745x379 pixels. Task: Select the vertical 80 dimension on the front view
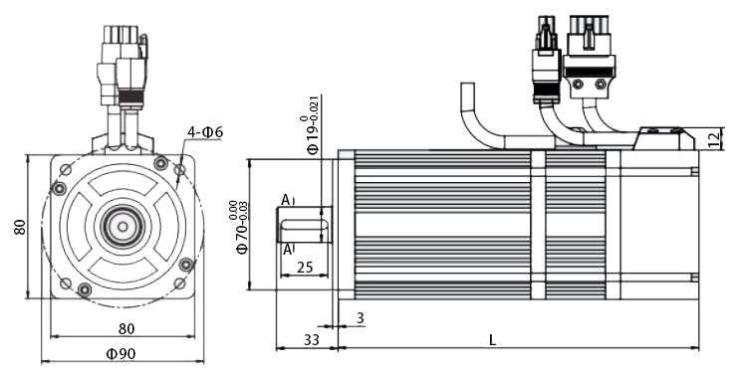(x=19, y=227)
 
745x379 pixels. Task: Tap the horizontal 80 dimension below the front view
(x=126, y=327)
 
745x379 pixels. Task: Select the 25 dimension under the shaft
(x=305, y=268)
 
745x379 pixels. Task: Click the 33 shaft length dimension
(x=311, y=340)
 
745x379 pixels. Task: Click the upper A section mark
(x=287, y=201)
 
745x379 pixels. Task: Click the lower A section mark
(x=288, y=249)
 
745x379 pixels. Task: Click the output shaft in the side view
(x=304, y=224)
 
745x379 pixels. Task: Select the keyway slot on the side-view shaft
(x=317, y=224)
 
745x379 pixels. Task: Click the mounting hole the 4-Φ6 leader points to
(x=180, y=171)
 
